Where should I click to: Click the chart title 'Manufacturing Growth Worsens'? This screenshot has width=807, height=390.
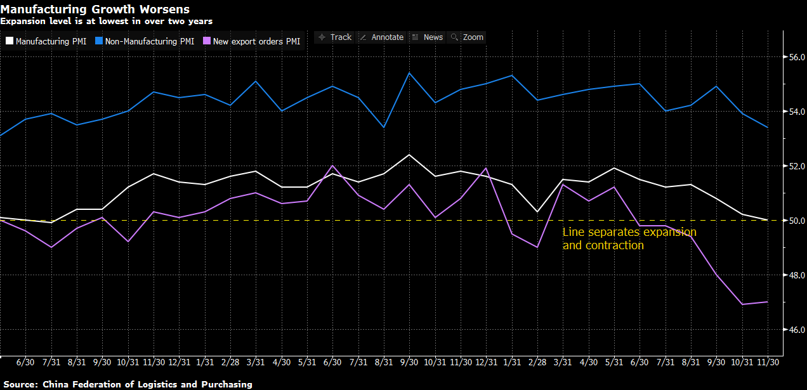click(x=95, y=9)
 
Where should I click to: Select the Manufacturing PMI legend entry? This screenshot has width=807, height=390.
click(x=46, y=41)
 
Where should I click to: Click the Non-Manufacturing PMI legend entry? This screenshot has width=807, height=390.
click(x=146, y=41)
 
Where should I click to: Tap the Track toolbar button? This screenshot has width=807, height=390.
click(x=335, y=37)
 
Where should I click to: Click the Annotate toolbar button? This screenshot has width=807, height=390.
click(x=381, y=37)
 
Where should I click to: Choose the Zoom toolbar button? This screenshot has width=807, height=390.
click(x=467, y=37)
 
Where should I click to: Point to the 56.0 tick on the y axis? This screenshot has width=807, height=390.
click(x=796, y=58)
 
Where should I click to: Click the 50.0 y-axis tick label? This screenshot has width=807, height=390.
click(x=796, y=221)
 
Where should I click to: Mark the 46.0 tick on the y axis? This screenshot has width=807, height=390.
click(x=796, y=330)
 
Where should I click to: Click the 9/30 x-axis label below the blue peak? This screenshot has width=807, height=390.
click(x=409, y=362)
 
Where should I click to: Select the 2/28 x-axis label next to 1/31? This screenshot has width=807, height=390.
click(x=537, y=362)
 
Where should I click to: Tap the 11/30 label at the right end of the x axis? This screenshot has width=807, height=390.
click(x=768, y=362)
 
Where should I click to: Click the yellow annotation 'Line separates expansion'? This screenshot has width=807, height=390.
click(x=629, y=232)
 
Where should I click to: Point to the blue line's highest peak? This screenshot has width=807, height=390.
click(x=409, y=73)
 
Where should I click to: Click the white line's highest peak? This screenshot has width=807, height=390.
click(x=409, y=155)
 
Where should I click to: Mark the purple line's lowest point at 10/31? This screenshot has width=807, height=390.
click(x=743, y=304)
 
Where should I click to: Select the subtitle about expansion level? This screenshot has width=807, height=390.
click(x=106, y=21)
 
